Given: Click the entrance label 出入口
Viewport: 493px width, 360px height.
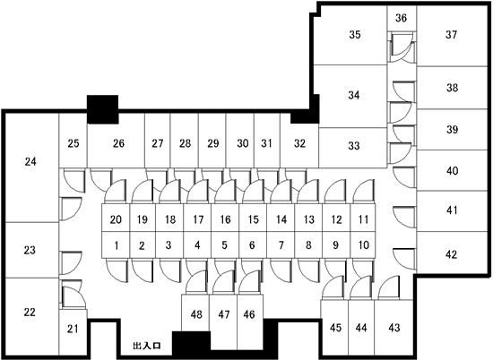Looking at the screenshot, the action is coord(147,346).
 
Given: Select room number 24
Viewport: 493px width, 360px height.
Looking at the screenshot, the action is coord(30,162).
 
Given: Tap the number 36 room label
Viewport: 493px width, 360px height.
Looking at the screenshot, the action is coord(401,18).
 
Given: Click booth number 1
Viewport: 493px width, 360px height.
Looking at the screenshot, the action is coord(116,245).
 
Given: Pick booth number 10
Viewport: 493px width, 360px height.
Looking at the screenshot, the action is coord(363,245).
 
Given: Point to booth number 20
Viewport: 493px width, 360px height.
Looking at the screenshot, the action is coord(116,219).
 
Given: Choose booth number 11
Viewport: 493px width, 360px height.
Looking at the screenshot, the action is coord(363,219).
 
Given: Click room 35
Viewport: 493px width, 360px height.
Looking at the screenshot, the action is coord(355,35).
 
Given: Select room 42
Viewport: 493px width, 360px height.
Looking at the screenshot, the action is coord(451,254).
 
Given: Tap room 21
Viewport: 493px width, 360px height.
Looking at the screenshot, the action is coord(73,329).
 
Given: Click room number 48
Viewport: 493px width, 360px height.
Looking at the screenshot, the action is coord(196,314).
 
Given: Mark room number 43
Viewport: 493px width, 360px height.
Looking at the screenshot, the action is coord(394,328).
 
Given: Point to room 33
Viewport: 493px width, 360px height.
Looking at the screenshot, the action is coord(354,146).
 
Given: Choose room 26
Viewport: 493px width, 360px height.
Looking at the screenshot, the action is coord(118,143).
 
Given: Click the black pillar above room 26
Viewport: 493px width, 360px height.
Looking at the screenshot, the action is coord(103,109).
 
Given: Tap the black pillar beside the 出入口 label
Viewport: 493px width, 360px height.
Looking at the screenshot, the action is coord(191,341).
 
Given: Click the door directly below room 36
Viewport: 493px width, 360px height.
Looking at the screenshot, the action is coord(402,47).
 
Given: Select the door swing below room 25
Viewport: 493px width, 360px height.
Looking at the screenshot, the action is coord(74,181).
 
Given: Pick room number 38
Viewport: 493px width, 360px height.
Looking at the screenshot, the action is coord(452,88).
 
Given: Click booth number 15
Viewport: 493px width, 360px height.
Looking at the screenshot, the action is coord(253,219).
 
